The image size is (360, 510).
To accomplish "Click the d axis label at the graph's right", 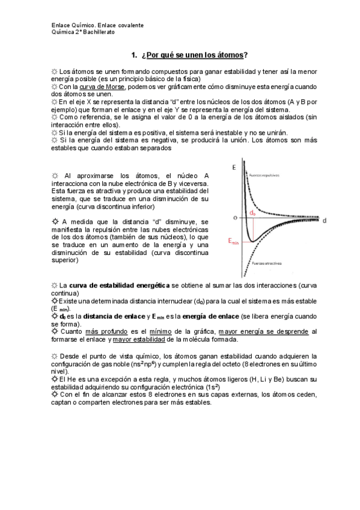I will [324, 220].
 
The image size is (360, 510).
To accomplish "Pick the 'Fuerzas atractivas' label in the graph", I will [267, 263].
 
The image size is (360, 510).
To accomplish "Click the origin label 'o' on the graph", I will [236, 216].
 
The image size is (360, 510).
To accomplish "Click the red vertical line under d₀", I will [253, 230].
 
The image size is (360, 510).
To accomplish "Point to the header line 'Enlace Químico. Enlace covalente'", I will [97, 26].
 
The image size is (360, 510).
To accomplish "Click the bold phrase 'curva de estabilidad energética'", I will [114, 284].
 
